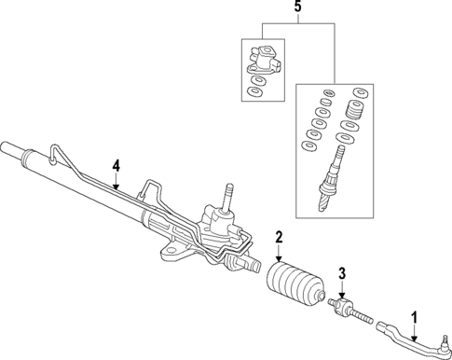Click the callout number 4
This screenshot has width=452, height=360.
click(116, 166)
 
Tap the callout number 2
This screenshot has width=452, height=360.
click(278, 240)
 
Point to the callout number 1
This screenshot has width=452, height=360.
click(415, 316)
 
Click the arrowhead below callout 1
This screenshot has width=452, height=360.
click(415, 337)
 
